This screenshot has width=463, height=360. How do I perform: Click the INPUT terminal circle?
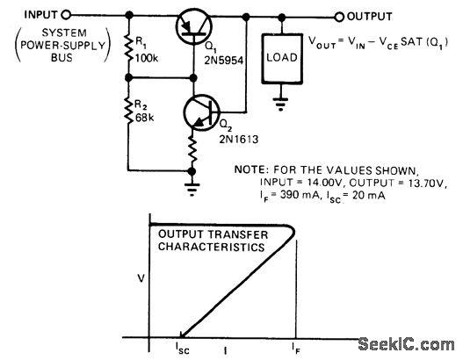[x=66, y=14]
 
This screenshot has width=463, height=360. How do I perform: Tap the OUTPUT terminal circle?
[x=339, y=17]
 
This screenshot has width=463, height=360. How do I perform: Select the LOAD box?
[x=282, y=59]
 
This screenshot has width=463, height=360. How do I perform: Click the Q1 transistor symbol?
[x=193, y=26]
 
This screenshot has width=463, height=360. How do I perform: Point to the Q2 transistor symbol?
[x=202, y=112]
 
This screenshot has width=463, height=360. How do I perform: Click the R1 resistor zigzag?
[x=129, y=47]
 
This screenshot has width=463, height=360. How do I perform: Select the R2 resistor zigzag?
[x=129, y=110]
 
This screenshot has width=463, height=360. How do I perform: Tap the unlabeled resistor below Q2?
[x=192, y=149]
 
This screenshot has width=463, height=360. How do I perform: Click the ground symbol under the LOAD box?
[x=280, y=104]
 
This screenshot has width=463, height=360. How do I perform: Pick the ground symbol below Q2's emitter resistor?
[x=192, y=189]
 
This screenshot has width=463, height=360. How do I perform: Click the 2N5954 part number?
[x=224, y=61]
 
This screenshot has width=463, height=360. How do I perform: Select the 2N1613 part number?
[x=239, y=139]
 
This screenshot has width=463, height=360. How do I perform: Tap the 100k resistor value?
[x=147, y=58]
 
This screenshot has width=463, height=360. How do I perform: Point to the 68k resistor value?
[x=145, y=118]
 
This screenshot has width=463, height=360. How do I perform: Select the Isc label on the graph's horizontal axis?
[x=183, y=348]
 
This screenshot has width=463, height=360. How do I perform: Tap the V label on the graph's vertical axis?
[x=141, y=278]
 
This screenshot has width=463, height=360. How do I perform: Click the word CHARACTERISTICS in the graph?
[x=212, y=247]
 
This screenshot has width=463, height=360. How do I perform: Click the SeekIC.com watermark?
[x=406, y=344]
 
